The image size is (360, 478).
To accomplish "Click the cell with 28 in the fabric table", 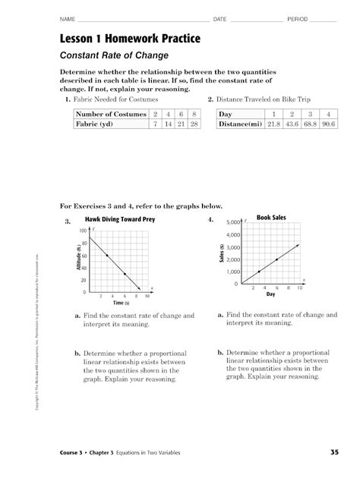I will (x=194, y=124).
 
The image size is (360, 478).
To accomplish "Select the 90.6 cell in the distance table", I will (x=328, y=124).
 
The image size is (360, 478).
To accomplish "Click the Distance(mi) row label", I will (x=241, y=124).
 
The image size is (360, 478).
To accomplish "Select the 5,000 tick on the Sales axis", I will (x=233, y=223).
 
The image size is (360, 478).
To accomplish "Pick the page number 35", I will (x=334, y=453).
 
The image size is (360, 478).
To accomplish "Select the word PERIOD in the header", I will (x=297, y=17).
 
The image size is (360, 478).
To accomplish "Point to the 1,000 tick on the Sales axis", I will (x=233, y=272).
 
